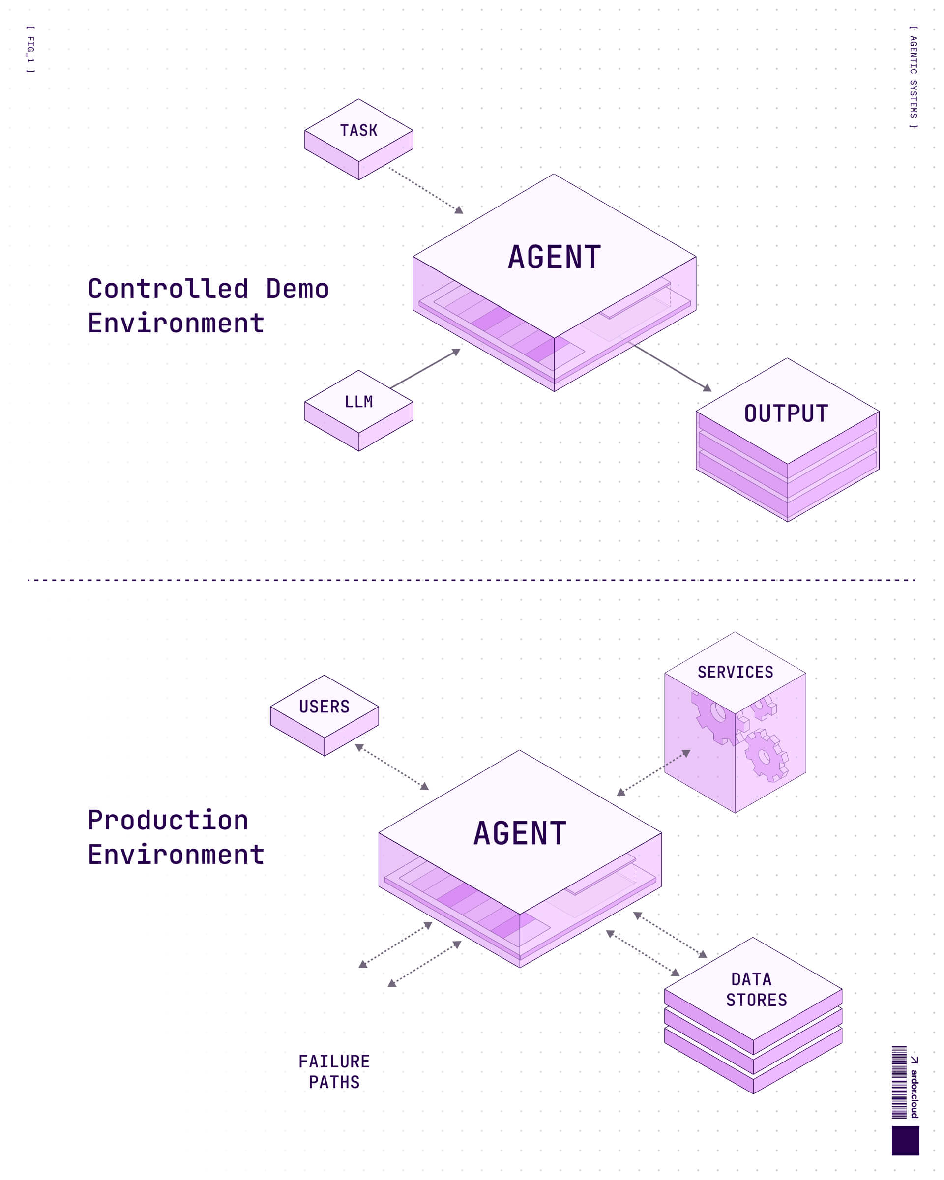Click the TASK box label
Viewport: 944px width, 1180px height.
(x=358, y=130)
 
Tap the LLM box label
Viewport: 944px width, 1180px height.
(x=358, y=402)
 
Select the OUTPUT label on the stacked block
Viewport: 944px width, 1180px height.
(x=786, y=414)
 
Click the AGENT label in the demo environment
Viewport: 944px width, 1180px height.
(x=555, y=257)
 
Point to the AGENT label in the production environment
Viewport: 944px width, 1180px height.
(x=520, y=833)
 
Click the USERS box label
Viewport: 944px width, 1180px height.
(x=324, y=707)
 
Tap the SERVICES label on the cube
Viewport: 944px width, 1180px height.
(x=735, y=672)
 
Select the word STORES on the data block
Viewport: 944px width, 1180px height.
(x=756, y=1000)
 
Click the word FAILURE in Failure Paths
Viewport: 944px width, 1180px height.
(x=334, y=1062)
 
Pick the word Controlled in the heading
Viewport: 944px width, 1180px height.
(x=168, y=289)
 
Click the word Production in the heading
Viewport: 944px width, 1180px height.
(x=168, y=820)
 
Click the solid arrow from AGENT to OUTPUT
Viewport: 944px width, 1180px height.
(x=670, y=367)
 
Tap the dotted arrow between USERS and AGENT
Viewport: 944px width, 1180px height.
(x=392, y=766)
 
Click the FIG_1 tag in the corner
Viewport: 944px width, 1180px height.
(x=30, y=49)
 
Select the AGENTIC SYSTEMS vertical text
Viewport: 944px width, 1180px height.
(x=913, y=77)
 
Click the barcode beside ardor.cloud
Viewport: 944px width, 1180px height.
(x=899, y=1082)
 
